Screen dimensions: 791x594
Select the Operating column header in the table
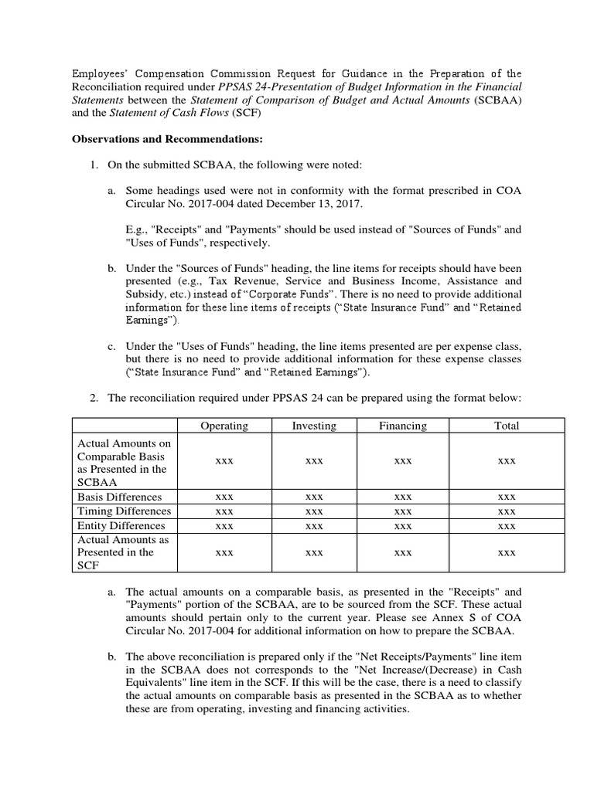[224, 426]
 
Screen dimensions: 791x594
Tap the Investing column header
[313, 426]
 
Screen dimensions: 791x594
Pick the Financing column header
[402, 426]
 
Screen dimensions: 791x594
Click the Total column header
[507, 426]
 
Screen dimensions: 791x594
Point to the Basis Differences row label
[121, 497]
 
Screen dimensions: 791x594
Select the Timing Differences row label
[123, 511]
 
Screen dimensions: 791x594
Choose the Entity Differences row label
[121, 526]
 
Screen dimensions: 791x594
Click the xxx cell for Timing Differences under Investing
[313, 511]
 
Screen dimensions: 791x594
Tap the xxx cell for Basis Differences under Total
[507, 497]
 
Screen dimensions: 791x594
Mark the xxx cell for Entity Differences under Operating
[224, 526]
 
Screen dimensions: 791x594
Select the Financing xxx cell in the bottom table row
[402, 553]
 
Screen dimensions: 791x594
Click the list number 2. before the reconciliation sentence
[94, 397]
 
